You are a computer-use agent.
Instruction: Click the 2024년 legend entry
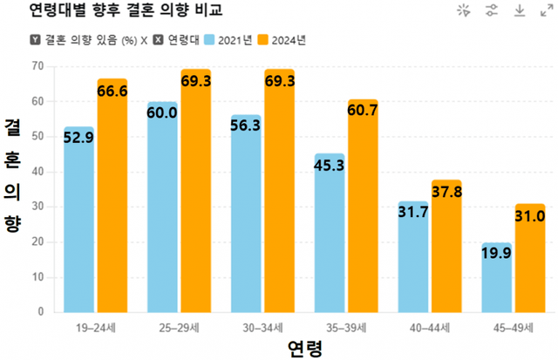coord(289,40)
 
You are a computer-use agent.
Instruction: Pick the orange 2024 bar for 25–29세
coord(196,192)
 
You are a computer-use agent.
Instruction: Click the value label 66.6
coord(112,91)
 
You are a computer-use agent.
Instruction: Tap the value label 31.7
coord(412,211)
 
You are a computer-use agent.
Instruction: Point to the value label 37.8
coord(446,192)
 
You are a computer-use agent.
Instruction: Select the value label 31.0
coord(529,215)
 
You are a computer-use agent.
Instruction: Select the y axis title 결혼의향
coord(13,174)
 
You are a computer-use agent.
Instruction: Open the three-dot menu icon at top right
coord(543,10)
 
